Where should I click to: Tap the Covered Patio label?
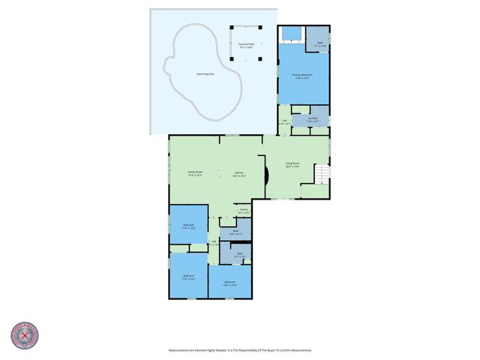[x=246, y=46]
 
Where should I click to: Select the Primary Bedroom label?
[x=302, y=76]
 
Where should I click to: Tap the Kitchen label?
[x=239, y=174]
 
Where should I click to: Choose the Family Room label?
[x=195, y=174]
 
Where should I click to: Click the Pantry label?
[x=244, y=211]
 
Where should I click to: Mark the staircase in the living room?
[x=321, y=174]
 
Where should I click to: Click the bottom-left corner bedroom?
[x=188, y=277]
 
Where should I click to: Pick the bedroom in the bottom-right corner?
[x=230, y=283]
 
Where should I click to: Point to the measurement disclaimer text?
[x=239, y=350]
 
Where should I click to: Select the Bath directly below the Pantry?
[x=235, y=233]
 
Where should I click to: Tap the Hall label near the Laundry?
[x=285, y=121]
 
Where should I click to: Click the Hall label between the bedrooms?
[x=214, y=243]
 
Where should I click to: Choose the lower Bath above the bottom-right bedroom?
[x=239, y=255]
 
